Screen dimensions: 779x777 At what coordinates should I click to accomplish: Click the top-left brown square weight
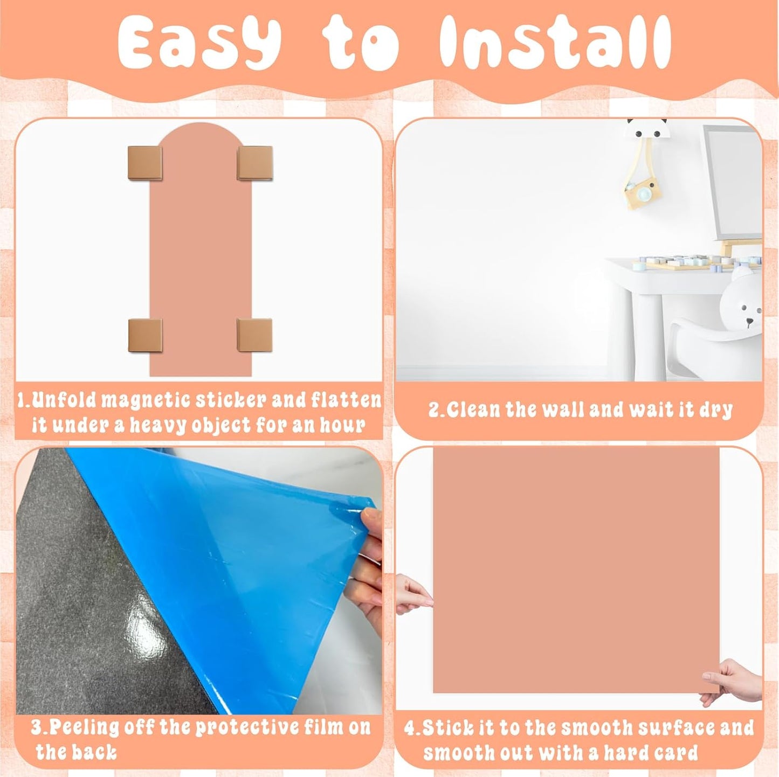coord(144,162)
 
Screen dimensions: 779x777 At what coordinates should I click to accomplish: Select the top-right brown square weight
coord(254,162)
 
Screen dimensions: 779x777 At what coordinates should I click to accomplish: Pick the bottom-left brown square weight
coord(145,335)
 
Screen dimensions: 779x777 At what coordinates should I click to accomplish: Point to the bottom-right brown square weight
coord(254,335)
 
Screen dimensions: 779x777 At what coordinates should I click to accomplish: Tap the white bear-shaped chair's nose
coord(749,322)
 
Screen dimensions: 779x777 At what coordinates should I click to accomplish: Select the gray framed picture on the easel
coord(732,181)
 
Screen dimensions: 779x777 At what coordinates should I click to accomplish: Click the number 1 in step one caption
coord(22,400)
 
